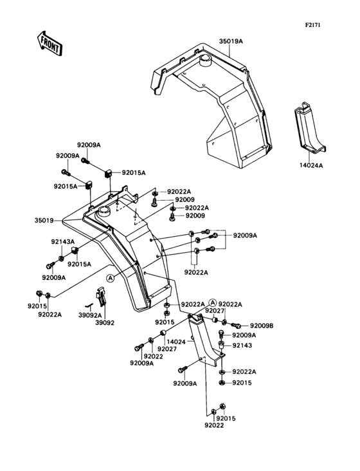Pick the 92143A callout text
click(x=63, y=243)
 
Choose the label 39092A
click(x=91, y=316)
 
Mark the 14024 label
click(x=176, y=342)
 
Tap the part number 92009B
click(x=262, y=326)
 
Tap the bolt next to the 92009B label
click(x=235, y=326)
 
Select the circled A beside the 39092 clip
click(x=111, y=277)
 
